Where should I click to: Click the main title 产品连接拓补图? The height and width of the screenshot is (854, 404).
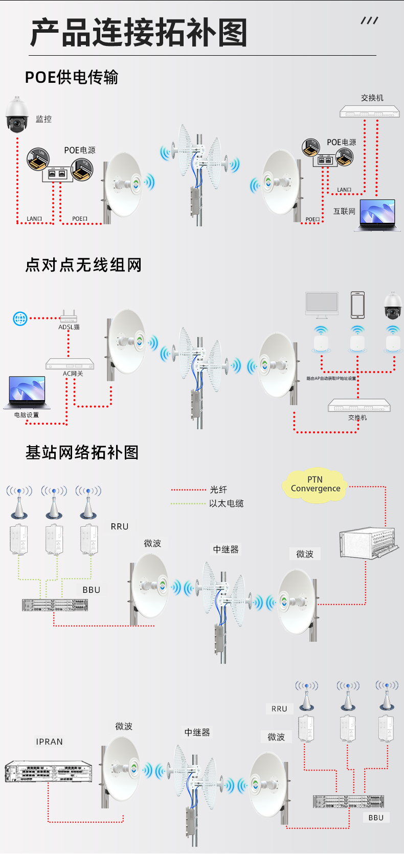tap(139, 33)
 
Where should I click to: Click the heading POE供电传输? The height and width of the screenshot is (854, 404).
tap(72, 77)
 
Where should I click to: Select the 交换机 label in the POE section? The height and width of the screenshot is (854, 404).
tap(372, 98)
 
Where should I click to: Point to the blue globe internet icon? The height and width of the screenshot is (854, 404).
tap(20, 319)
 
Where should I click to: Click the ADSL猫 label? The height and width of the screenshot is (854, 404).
tap(69, 327)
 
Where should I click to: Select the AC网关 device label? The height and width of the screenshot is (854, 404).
tap(73, 374)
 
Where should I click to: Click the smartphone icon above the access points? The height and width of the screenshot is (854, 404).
tap(357, 305)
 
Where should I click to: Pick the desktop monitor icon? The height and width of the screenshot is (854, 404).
tap(322, 305)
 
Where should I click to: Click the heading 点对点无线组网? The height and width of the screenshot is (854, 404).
tap(83, 265)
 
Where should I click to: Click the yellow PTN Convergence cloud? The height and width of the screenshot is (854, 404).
tap(315, 484)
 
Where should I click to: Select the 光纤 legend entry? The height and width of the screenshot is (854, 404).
tap(218, 490)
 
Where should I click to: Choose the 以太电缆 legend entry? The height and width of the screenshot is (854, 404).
tap(226, 503)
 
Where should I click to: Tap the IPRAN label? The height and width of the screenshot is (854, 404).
tap(50, 742)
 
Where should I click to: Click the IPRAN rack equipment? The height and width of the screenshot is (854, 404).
tap(49, 771)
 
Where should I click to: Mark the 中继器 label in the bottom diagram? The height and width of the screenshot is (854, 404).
tap(197, 732)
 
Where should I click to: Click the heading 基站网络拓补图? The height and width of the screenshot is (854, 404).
tap(82, 452)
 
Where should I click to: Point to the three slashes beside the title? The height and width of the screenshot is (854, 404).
tap(369, 20)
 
